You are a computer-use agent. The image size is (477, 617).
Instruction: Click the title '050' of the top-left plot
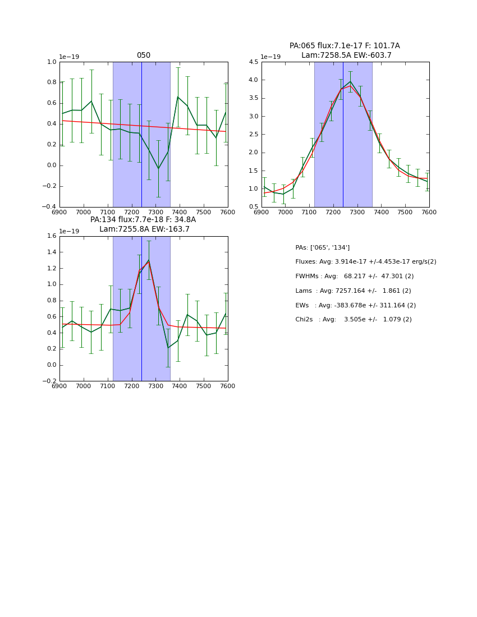click(x=144, y=56)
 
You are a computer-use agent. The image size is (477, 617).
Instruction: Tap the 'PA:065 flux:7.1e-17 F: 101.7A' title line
click(x=345, y=46)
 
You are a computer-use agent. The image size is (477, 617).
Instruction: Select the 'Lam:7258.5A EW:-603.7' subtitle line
click(x=346, y=55)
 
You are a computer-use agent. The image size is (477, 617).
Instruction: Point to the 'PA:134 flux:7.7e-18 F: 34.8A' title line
click(x=143, y=220)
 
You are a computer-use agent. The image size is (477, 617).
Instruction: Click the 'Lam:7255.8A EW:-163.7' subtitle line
click(x=144, y=229)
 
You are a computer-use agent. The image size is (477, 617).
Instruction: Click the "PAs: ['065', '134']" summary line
click(x=322, y=247)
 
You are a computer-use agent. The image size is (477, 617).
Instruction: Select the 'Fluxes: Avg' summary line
click(x=365, y=262)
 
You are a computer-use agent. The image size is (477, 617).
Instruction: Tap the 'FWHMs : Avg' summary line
click(x=354, y=277)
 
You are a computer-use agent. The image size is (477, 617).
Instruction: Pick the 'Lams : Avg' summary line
click(x=353, y=291)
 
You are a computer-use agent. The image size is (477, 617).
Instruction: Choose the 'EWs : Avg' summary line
click(x=353, y=305)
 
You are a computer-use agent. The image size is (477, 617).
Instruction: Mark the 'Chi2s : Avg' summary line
click(x=353, y=320)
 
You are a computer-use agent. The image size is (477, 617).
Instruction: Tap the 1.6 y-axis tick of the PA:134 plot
click(x=52, y=236)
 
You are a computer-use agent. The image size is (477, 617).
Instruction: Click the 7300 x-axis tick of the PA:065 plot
click(x=357, y=213)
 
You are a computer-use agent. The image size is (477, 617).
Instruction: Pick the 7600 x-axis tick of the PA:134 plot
click(x=227, y=386)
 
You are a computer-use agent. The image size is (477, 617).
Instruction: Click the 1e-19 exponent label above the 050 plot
click(x=70, y=57)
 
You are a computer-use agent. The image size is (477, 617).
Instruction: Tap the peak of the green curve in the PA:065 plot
click(x=350, y=81)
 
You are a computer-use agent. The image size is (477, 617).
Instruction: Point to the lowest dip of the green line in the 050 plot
click(x=158, y=168)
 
